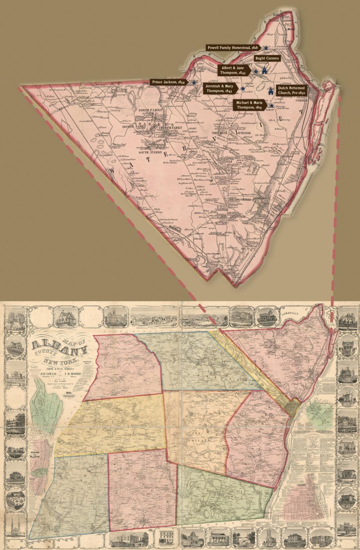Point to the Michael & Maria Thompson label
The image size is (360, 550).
[x=249, y=105]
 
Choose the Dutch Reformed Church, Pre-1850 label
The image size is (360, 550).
[x=291, y=91]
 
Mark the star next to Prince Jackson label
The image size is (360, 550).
[x=194, y=82]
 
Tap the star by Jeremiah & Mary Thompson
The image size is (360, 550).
[x=243, y=89]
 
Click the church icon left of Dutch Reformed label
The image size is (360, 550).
[x=270, y=91]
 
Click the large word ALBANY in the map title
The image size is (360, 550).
[x=59, y=347]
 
